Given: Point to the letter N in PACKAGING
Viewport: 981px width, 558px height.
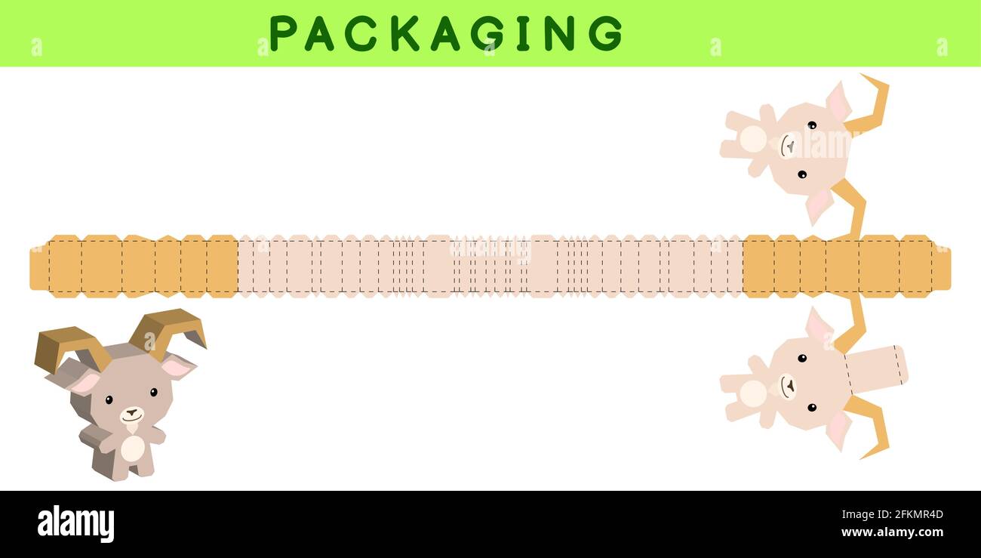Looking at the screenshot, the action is [560, 34].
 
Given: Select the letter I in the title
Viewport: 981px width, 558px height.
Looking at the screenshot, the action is [523, 34].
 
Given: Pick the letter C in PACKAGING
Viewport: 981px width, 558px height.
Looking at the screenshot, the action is [361, 34].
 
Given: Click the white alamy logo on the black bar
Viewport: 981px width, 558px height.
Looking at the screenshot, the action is [75, 523].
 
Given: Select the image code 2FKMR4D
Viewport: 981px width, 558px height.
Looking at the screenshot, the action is [918, 514].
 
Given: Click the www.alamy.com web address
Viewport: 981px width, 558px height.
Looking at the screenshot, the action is [892, 532].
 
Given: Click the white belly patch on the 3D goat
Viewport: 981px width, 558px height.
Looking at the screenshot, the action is [132, 448].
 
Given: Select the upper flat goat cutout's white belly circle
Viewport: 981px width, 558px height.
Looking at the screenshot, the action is [753, 139].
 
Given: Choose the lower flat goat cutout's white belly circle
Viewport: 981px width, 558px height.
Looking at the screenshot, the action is [753, 393].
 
